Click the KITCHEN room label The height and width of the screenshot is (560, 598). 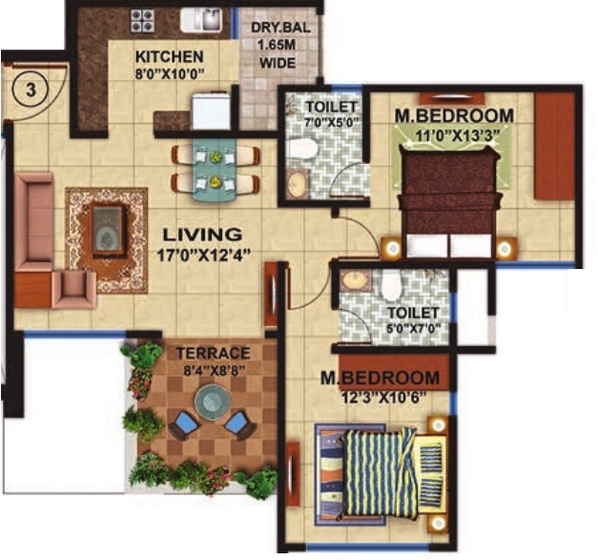pyautogui.click(x=169, y=56)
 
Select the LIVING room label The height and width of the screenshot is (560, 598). pyautogui.click(x=202, y=234)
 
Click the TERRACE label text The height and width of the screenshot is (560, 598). pyautogui.click(x=214, y=353)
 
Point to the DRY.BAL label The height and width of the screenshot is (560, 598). pyautogui.click(x=274, y=28)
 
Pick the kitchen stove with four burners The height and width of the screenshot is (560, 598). pyautogui.click(x=143, y=20)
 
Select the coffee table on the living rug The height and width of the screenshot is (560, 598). pyautogui.click(x=107, y=227)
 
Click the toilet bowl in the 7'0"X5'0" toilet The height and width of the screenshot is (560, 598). pyautogui.click(x=301, y=148)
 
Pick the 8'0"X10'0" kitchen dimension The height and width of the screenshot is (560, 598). pyautogui.click(x=169, y=73)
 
